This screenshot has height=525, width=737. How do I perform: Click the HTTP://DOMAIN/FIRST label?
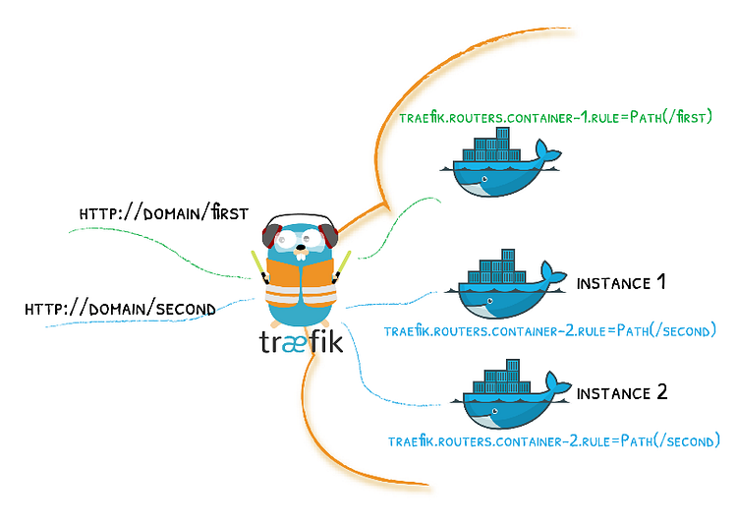pyautogui.click(x=163, y=213)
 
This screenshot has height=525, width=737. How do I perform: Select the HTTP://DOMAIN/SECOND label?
pyautogui.click(x=120, y=309)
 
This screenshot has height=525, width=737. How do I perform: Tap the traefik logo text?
pyautogui.click(x=301, y=341)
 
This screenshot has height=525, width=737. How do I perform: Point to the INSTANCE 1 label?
pyautogui.click(x=621, y=283)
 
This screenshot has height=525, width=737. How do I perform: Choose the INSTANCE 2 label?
pyautogui.click(x=622, y=393)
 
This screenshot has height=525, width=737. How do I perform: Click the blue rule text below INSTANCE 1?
pyautogui.click(x=550, y=330)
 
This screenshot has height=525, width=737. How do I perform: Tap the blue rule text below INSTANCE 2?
pyautogui.click(x=554, y=440)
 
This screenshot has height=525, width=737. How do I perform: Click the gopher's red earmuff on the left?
pyautogui.click(x=270, y=237)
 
